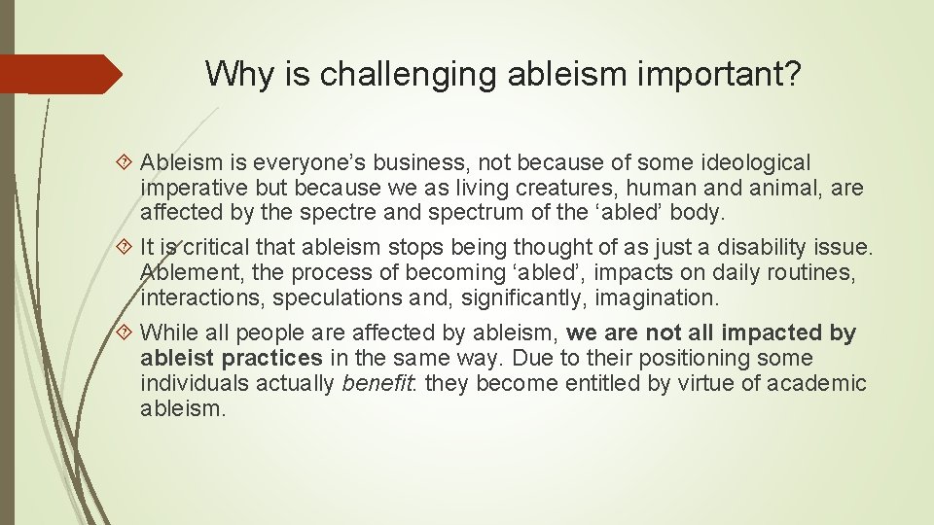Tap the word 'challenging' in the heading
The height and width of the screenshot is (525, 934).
377,73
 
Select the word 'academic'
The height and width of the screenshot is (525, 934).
816,384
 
